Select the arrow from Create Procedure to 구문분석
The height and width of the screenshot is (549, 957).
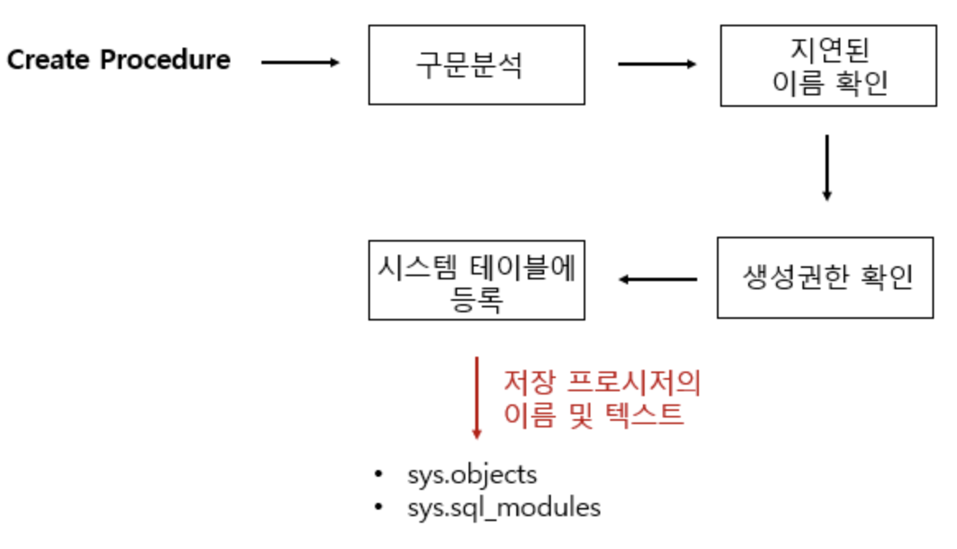300,62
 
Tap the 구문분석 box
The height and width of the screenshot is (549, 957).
476,64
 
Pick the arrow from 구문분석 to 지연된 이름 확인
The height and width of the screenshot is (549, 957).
656,63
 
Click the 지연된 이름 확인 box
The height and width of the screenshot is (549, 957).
828,66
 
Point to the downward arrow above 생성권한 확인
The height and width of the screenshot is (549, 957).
826,168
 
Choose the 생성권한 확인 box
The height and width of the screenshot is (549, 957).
825,278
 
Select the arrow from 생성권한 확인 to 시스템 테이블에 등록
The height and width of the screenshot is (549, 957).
658,279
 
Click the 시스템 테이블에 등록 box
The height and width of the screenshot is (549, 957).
476,279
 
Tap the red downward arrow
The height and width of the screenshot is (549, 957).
476,398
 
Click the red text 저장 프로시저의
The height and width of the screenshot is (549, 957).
602,383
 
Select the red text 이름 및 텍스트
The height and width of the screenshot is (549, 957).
594,414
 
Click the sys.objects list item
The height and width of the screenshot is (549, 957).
472,474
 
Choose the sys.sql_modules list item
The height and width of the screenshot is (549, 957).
503,507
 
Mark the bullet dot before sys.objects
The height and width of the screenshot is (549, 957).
378,474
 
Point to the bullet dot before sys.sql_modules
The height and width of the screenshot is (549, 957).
378,507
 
